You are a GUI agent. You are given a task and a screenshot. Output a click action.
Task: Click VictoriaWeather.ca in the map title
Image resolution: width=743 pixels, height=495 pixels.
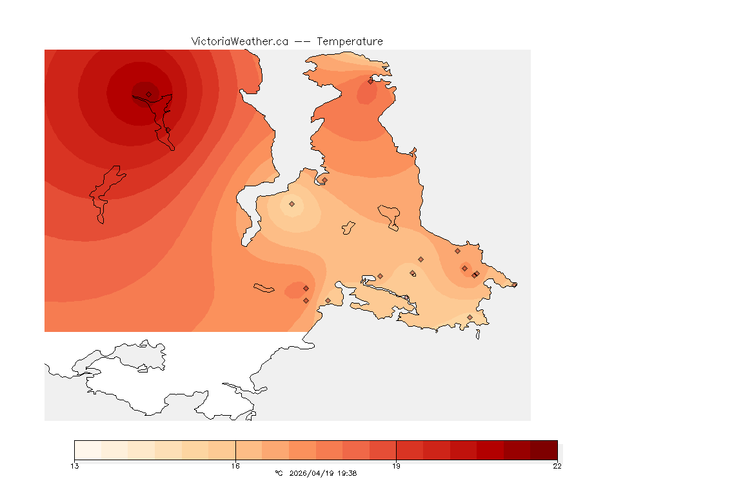[x=239, y=41]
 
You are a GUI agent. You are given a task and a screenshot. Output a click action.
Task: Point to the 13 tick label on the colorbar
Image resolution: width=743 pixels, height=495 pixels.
[x=75, y=466]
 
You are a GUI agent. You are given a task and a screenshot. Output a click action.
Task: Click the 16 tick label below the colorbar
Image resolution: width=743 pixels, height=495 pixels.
[x=235, y=466]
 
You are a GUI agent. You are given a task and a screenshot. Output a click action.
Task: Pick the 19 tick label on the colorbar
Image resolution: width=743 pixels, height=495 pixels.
[x=396, y=466]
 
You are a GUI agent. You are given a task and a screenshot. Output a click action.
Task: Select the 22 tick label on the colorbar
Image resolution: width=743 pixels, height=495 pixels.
[x=557, y=466]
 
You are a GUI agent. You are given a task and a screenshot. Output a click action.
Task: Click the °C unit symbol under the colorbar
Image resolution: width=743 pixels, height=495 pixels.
[x=279, y=473]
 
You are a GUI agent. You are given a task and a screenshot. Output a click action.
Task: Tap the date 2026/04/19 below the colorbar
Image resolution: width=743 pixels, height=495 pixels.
[x=312, y=473]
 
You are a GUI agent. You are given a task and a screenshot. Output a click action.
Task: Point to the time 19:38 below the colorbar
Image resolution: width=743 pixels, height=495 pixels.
[x=347, y=473]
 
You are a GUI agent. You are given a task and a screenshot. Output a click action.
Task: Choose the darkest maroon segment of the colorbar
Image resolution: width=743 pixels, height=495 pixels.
[x=543, y=450]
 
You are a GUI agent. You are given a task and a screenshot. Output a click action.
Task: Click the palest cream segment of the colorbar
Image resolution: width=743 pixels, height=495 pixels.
[x=88, y=450]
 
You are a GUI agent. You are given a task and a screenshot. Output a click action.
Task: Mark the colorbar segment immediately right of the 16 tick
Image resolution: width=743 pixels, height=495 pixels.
[x=249, y=450]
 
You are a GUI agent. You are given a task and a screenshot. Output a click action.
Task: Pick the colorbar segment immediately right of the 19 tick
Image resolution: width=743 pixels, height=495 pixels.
[x=410, y=450]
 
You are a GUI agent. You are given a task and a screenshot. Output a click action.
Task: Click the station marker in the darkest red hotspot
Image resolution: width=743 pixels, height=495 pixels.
[x=148, y=94]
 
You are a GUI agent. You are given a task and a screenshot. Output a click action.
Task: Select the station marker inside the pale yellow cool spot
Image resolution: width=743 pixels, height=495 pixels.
[x=292, y=204]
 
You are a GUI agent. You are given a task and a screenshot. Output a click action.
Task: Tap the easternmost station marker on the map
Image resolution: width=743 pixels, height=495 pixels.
[x=514, y=284]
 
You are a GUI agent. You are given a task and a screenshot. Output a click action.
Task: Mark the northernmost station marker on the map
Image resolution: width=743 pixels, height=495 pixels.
[x=370, y=81]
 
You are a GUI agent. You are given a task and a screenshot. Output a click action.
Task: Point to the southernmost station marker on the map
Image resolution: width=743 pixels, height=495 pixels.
[x=470, y=317]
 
